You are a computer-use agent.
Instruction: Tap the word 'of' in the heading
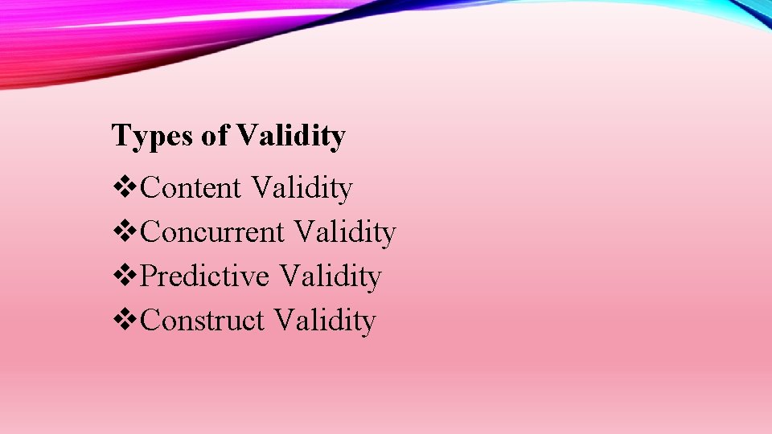tap(215, 136)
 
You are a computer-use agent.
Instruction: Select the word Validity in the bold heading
tap(291, 137)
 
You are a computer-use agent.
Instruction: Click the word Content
tap(191, 188)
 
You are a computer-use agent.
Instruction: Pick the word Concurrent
tap(212, 232)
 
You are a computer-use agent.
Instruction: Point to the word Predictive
tap(204, 276)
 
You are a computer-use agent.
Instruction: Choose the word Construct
tap(202, 321)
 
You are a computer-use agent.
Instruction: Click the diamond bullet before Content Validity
tap(126, 188)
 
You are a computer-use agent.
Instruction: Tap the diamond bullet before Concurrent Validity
tap(126, 232)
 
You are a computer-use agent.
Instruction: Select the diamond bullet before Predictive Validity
tap(126, 276)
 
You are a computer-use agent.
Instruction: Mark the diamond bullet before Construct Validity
tap(126, 321)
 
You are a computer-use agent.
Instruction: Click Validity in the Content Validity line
tap(302, 188)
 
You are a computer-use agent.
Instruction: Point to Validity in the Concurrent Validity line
tap(346, 232)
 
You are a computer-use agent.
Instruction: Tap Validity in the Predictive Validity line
tap(331, 276)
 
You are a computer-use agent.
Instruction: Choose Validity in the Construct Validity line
tap(325, 321)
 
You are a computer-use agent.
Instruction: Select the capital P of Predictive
tap(149, 276)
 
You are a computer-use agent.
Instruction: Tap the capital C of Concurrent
tap(150, 232)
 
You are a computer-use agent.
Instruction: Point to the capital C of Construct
tap(150, 321)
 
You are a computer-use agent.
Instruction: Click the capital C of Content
tap(150, 188)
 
